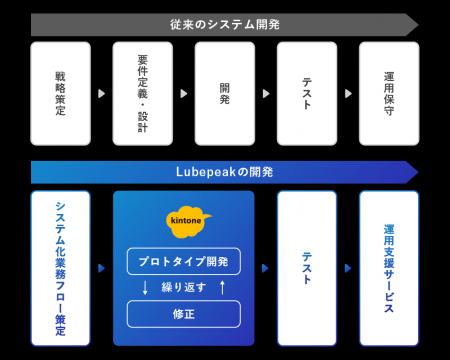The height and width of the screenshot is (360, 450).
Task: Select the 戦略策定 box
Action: [x=61, y=93]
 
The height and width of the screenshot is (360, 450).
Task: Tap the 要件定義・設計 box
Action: [x=143, y=93]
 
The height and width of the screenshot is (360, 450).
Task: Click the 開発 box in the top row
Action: [x=225, y=93]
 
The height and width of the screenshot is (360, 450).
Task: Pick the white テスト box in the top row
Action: [x=307, y=93]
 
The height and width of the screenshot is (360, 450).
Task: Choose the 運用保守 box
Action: [x=389, y=93]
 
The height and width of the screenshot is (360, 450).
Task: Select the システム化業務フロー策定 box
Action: [x=61, y=267]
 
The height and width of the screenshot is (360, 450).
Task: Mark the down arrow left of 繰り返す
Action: [x=145, y=288]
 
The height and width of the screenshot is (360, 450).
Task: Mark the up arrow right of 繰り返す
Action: [x=222, y=288]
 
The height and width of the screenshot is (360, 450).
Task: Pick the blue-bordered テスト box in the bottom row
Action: [x=307, y=267]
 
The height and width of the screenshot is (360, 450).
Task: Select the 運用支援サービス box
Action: [x=389, y=267]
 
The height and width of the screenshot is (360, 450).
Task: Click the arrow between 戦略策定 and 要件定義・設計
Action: [x=102, y=93]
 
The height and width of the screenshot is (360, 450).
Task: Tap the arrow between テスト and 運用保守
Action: [x=348, y=93]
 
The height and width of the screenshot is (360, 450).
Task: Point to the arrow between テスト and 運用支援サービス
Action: [x=348, y=268]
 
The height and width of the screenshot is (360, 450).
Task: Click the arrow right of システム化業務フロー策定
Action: [x=102, y=268]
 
